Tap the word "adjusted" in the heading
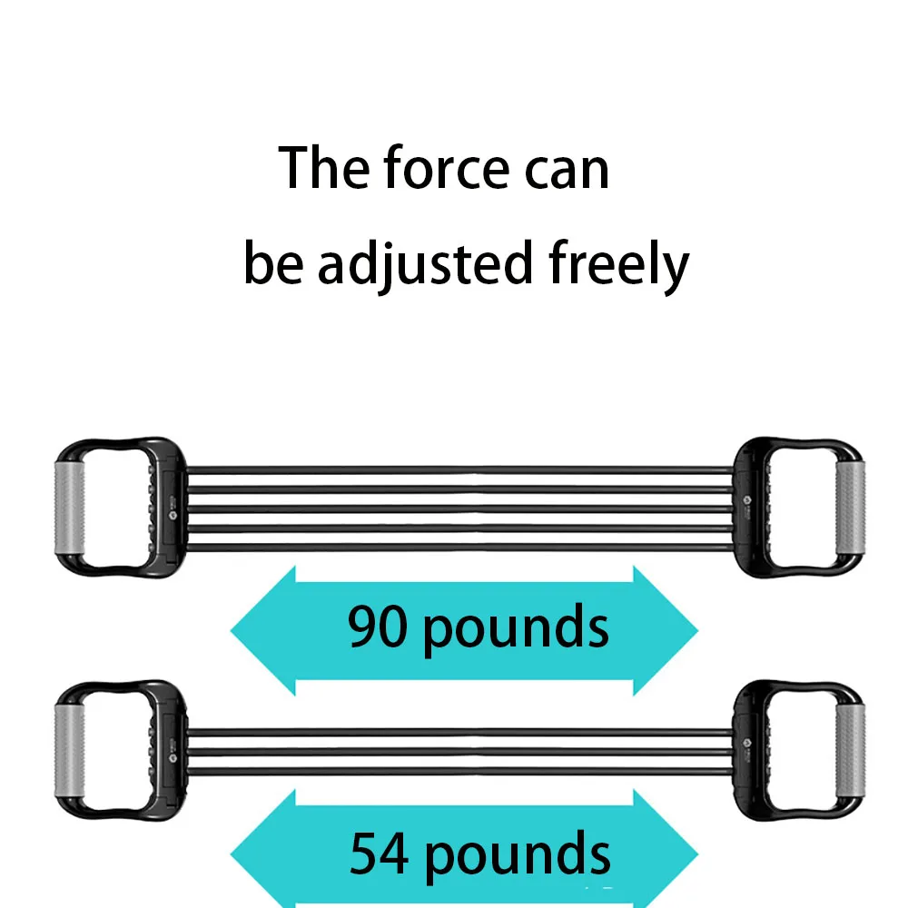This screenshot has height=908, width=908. pos(424,264)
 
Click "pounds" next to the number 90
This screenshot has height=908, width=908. pos(516,628)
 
